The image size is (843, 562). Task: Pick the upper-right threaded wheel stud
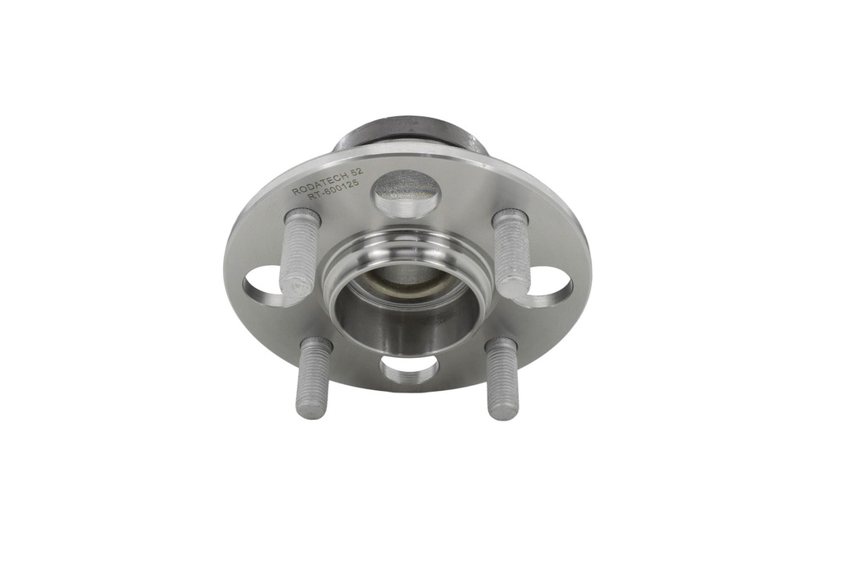(512, 253)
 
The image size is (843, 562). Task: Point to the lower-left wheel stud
(314, 378)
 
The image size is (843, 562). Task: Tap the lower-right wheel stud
(501, 379)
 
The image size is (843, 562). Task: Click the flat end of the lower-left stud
(311, 411)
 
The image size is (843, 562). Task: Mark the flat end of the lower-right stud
(504, 412)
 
